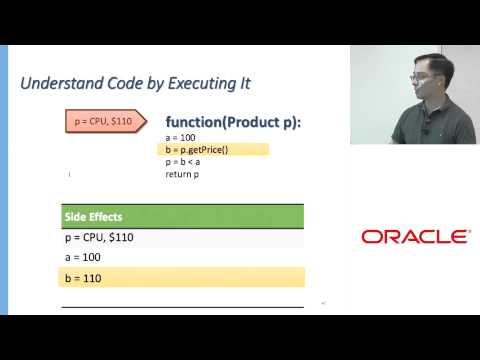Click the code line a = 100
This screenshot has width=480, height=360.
coord(181,137)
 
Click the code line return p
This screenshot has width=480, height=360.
coord(183,174)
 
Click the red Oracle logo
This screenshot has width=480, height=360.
coord(415,237)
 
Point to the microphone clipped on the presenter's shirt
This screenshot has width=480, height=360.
coord(425,130)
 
